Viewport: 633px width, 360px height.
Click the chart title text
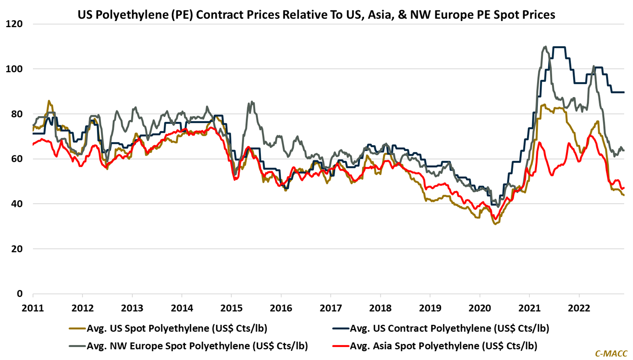click(316, 15)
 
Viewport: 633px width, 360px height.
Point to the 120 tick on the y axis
click(14, 24)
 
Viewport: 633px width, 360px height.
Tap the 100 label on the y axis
click(14, 69)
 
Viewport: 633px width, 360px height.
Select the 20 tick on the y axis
click(17, 249)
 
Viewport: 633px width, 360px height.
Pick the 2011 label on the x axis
click(33, 308)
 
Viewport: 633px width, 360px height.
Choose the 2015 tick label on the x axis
click(232, 308)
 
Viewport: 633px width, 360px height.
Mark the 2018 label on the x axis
click(380, 308)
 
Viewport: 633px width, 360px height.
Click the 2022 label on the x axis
click(579, 308)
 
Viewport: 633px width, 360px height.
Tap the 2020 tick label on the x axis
click(480, 308)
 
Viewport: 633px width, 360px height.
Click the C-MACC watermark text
click(611, 354)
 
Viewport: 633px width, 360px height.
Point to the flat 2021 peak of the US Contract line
click(559, 47)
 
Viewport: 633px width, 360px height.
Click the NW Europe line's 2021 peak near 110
click(545, 47)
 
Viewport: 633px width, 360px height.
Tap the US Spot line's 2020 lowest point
click(495, 224)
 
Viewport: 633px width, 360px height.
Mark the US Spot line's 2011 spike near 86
click(49, 101)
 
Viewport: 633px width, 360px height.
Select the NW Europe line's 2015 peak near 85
click(252, 102)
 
